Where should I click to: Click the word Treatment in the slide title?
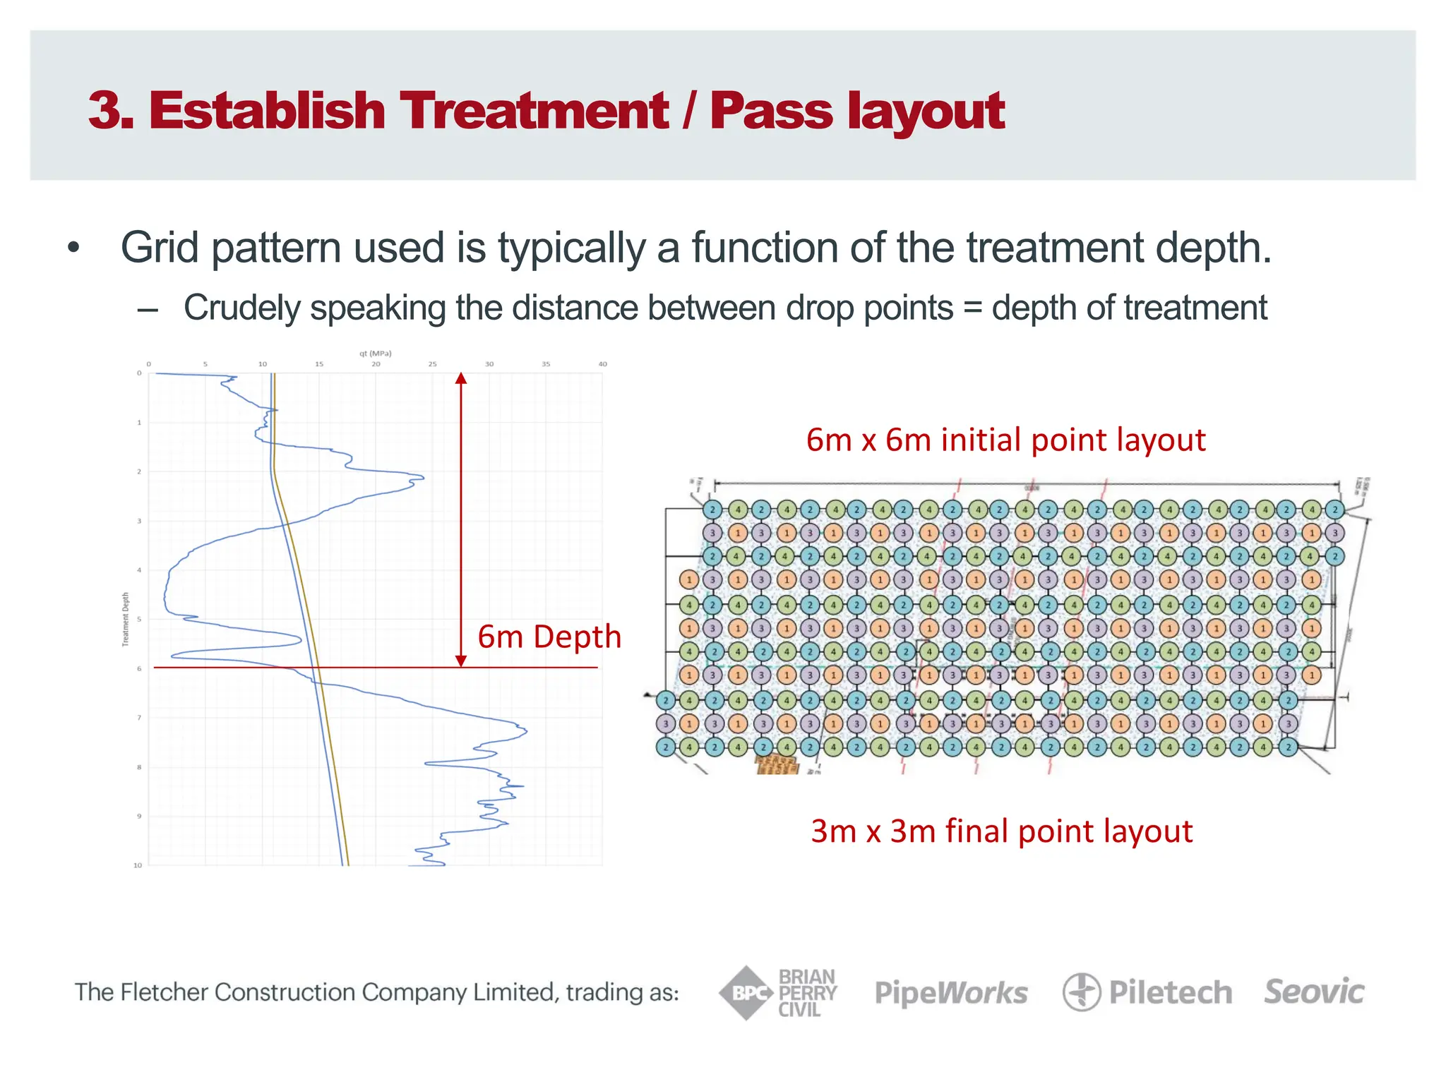(x=534, y=111)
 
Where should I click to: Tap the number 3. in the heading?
(x=111, y=111)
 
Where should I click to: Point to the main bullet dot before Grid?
(x=73, y=248)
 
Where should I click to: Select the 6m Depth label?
(x=549, y=637)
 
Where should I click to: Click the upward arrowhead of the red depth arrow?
(x=461, y=378)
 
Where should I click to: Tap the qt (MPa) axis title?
(x=375, y=353)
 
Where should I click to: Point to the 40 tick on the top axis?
(x=602, y=364)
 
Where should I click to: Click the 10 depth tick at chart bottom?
(x=138, y=865)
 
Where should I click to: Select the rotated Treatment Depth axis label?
(x=126, y=619)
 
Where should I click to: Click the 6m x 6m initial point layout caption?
(x=1005, y=440)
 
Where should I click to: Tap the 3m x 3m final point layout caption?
(x=1001, y=831)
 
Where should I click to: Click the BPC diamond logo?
(x=746, y=993)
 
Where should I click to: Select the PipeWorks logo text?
(x=951, y=993)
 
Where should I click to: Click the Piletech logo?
(x=1147, y=992)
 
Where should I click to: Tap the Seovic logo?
(x=1314, y=992)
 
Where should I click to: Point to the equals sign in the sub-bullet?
(x=972, y=308)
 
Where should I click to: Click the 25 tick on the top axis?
(x=432, y=364)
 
